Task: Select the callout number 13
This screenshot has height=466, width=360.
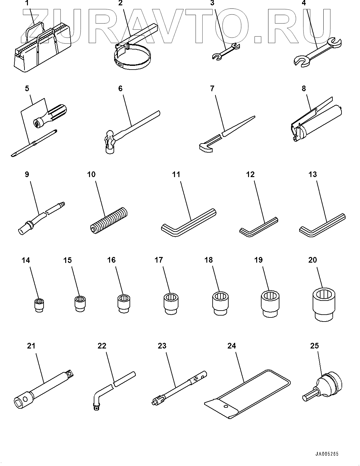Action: [313, 174]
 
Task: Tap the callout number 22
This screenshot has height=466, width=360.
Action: [102, 346]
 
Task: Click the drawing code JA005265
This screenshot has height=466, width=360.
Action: [327, 454]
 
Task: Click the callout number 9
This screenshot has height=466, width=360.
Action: [27, 174]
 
